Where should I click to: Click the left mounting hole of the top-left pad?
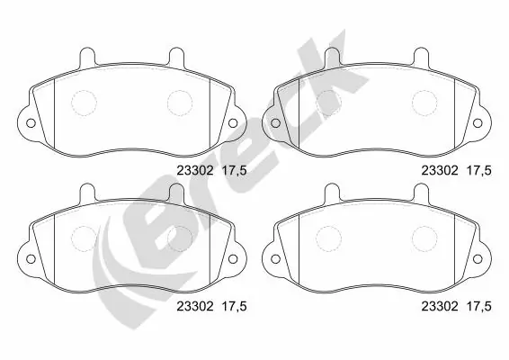(29, 123)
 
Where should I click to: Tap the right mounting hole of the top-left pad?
(232, 123)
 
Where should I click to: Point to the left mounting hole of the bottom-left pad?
(29, 261)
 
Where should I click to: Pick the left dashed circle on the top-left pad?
(85, 103)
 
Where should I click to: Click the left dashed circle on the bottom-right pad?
(329, 239)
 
